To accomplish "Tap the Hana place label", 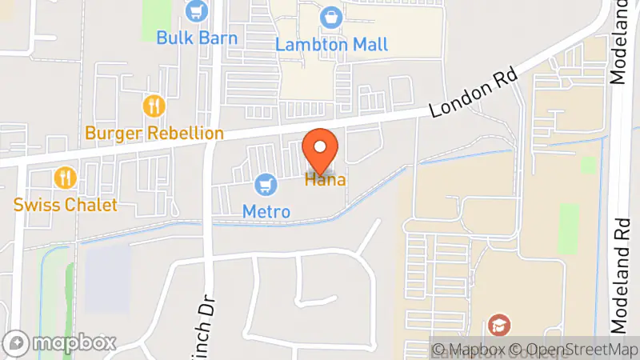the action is coord(325,180).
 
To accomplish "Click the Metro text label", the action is coord(266,211).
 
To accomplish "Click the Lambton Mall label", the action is coord(331,43).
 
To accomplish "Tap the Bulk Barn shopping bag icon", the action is coord(195,11).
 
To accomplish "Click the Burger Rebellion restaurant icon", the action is coord(154,106).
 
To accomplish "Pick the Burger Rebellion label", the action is coord(154,132).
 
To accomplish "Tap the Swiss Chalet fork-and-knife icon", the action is coord(65,178).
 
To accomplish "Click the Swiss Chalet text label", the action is coord(66,204).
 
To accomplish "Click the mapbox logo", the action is coord(61,342).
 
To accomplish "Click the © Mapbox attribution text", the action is coord(469,350).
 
